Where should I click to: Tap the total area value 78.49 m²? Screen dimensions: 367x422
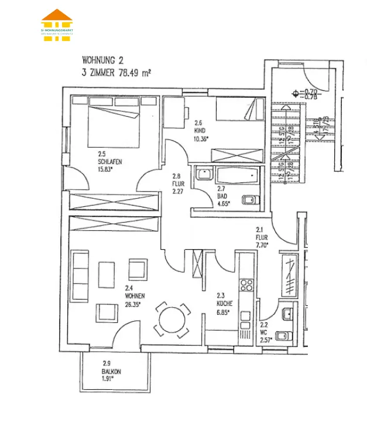coord(135,73)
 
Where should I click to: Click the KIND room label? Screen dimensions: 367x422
coord(200,131)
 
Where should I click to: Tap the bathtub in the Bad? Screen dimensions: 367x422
coord(236,175)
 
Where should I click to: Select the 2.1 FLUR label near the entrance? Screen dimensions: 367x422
coord(261,237)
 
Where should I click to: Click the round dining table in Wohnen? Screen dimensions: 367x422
coord(173,320)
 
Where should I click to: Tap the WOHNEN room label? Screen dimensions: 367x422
coord(135,296)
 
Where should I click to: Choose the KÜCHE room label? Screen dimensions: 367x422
coord(224,304)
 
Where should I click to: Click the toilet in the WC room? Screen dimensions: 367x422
coord(283,336)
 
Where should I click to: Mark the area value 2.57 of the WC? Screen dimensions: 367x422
coord(266,340)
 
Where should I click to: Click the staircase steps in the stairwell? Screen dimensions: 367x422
coord(287,144)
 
